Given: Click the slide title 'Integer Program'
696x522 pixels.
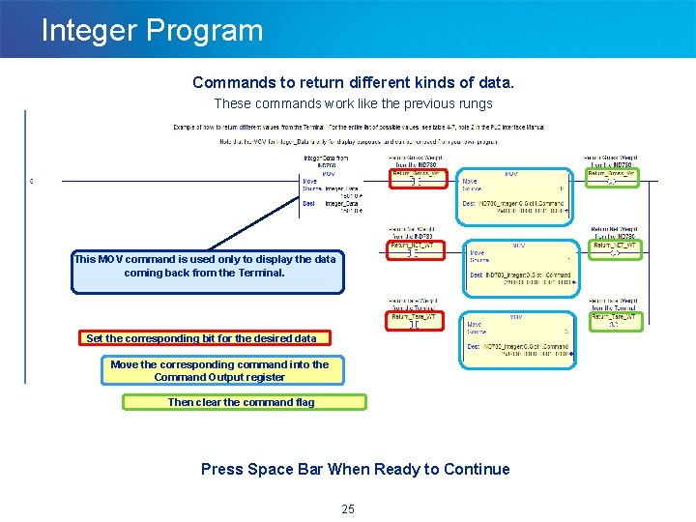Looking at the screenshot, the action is (x=152, y=30).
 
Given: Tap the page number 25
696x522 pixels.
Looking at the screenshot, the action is (x=348, y=509).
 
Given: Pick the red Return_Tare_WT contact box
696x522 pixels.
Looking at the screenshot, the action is (x=416, y=320).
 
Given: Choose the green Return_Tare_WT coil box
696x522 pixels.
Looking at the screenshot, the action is (x=614, y=320).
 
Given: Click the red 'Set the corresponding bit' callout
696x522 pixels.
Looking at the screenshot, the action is (x=201, y=338).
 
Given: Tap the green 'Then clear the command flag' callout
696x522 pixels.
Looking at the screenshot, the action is (x=244, y=402).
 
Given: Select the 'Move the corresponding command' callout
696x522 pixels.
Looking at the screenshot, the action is (x=219, y=370).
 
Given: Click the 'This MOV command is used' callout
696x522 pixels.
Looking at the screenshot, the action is (x=206, y=272).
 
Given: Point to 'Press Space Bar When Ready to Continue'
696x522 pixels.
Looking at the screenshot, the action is (x=355, y=470).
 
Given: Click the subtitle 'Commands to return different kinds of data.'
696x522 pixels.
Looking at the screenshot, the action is (x=353, y=83).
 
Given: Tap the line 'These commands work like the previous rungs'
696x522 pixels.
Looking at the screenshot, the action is (x=353, y=103).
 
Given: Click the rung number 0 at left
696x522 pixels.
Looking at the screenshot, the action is (x=31, y=181).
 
